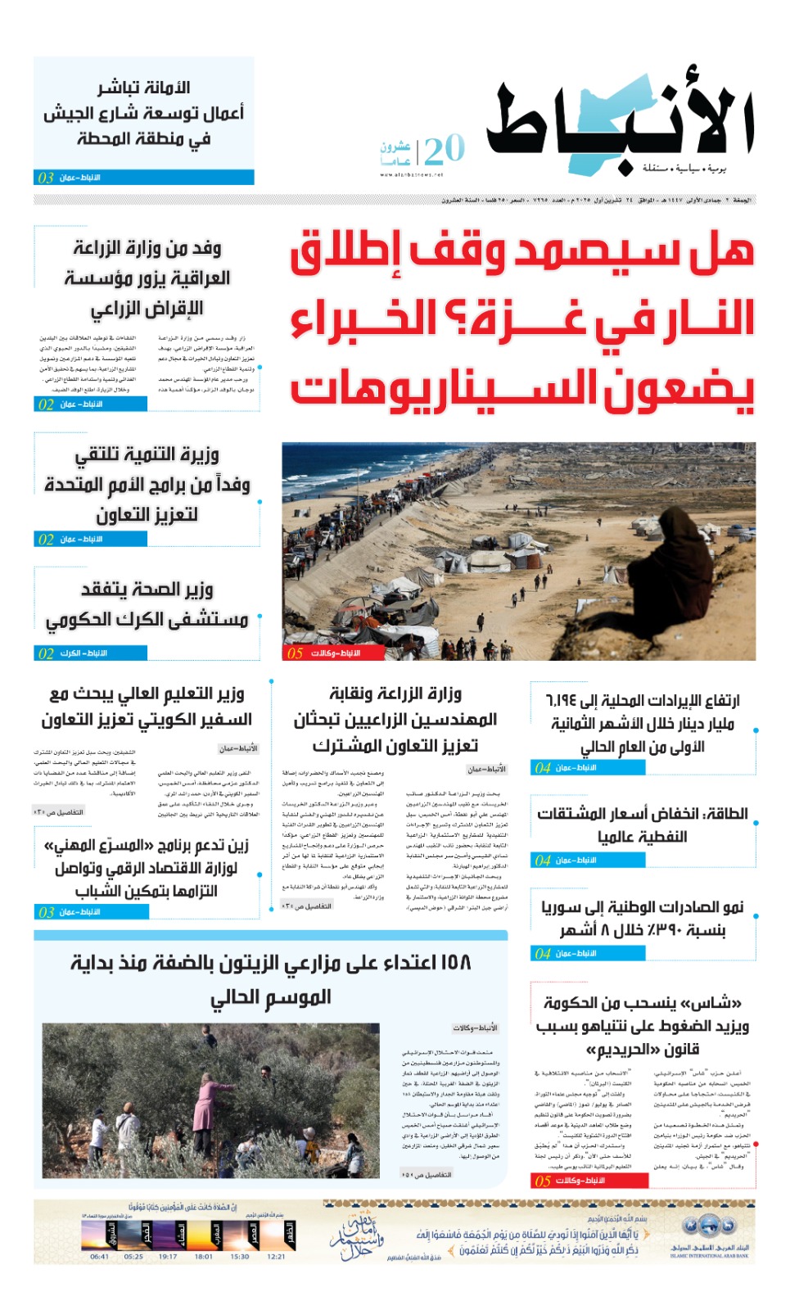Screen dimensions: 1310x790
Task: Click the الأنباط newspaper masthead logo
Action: [619, 123]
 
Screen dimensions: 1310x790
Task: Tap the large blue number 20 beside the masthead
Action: [445, 150]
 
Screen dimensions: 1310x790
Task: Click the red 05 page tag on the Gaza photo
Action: [296, 653]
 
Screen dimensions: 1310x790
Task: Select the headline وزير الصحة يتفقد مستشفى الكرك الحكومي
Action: [147, 604]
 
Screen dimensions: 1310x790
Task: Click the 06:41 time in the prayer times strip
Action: [99, 1256]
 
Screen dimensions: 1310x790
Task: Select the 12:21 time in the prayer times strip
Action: [276, 1256]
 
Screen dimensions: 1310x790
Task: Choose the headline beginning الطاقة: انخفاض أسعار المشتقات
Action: [642, 824]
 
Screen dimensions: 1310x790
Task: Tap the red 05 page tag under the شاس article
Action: [543, 1181]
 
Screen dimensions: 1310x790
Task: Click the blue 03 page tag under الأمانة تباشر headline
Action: [46, 178]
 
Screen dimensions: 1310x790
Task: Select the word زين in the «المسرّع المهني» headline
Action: [234, 846]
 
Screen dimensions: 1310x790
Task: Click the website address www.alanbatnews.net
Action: [411, 174]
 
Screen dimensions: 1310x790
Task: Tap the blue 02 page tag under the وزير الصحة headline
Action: [46, 653]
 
